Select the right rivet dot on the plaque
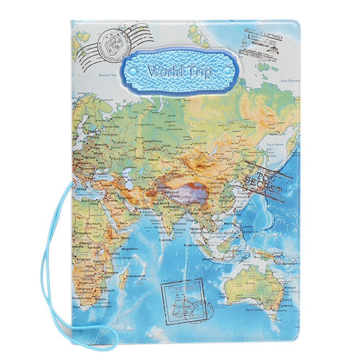[227, 71]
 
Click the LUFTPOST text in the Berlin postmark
[268, 32]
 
